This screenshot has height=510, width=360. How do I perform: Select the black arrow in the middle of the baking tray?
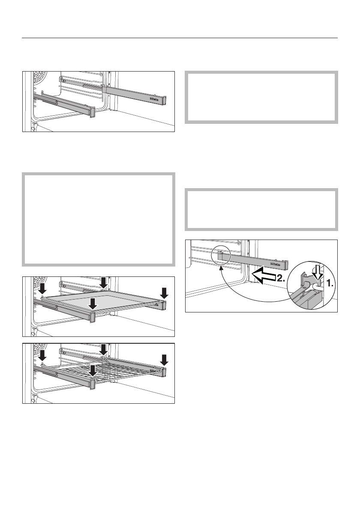pos(92,303)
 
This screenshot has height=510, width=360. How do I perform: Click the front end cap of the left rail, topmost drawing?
pos(90,112)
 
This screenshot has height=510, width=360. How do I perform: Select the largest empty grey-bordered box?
pos(98,219)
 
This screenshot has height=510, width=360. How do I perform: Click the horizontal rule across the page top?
pos(180,38)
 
